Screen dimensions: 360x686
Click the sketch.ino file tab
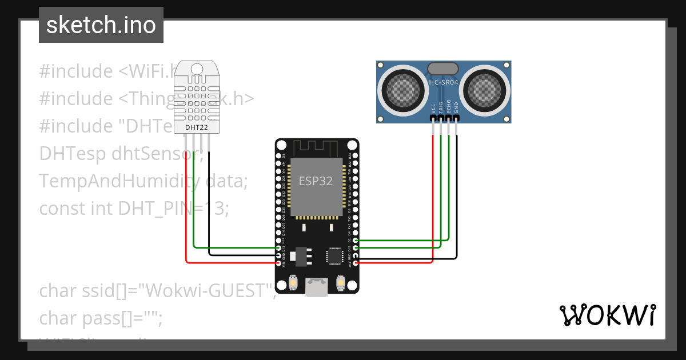pyautogui.click(x=101, y=25)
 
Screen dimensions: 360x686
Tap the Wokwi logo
pyautogui.click(x=607, y=315)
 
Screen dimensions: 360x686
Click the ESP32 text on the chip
pyautogui.click(x=316, y=181)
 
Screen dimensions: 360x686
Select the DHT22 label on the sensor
pyautogui.click(x=197, y=126)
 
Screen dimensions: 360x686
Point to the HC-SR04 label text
pyautogui.click(x=444, y=83)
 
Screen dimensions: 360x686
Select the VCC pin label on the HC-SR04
pyautogui.click(x=433, y=107)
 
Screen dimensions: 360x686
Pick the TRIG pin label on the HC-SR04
pyautogui.click(x=441, y=107)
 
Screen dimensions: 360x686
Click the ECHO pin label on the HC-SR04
pyautogui.click(x=449, y=107)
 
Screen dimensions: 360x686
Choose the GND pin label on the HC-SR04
pyautogui.click(x=456, y=107)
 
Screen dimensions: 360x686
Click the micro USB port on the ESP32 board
pyautogui.click(x=316, y=287)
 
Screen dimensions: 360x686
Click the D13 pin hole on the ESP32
pyautogui.click(x=278, y=248)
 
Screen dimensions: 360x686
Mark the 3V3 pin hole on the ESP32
pyautogui.click(x=356, y=263)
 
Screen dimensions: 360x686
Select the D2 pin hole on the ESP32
pyautogui.click(x=356, y=241)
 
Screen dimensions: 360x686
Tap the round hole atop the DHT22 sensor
pyautogui.click(x=197, y=69)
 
